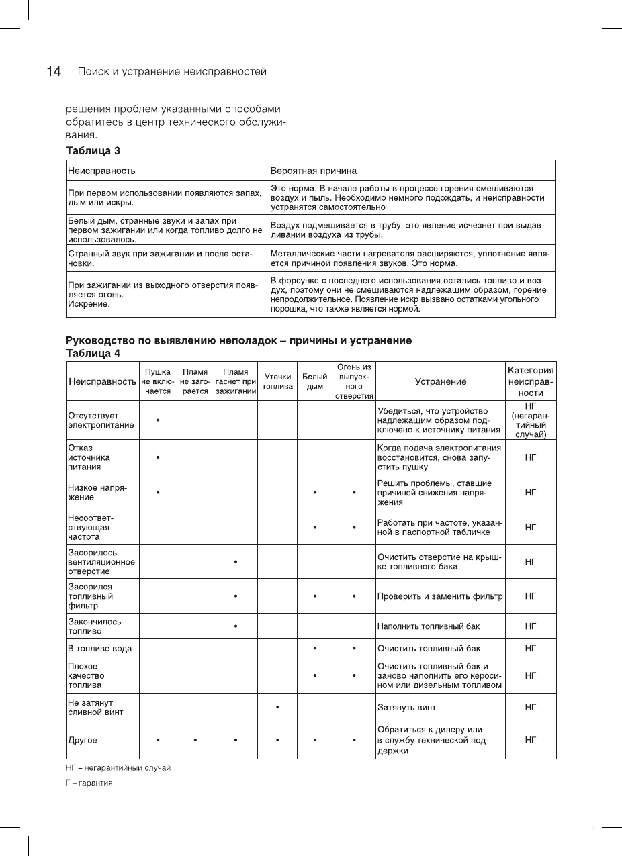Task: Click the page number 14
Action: pyautogui.click(x=54, y=72)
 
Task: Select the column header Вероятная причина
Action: pyautogui.click(x=313, y=171)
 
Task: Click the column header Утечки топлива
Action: pyautogui.click(x=277, y=381)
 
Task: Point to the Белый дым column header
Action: pyautogui.click(x=315, y=381)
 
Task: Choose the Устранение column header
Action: pyautogui.click(x=440, y=381)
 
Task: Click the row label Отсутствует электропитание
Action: pyautogui.click(x=100, y=420)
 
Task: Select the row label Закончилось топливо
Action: pyautogui.click(x=95, y=626)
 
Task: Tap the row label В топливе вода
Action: pyautogui.click(x=99, y=649)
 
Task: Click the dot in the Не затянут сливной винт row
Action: pyautogui.click(x=277, y=707)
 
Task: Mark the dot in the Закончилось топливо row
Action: pyautogui.click(x=236, y=626)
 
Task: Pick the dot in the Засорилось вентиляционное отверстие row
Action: pyautogui.click(x=236, y=561)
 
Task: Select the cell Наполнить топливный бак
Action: pyautogui.click(x=429, y=626)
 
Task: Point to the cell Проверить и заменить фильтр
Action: pyautogui.click(x=440, y=596)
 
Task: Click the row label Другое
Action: pyautogui.click(x=83, y=740)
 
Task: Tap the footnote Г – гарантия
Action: pyautogui.click(x=89, y=783)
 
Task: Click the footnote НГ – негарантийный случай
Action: pyautogui.click(x=118, y=767)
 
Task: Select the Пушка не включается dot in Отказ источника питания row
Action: pyautogui.click(x=157, y=457)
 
